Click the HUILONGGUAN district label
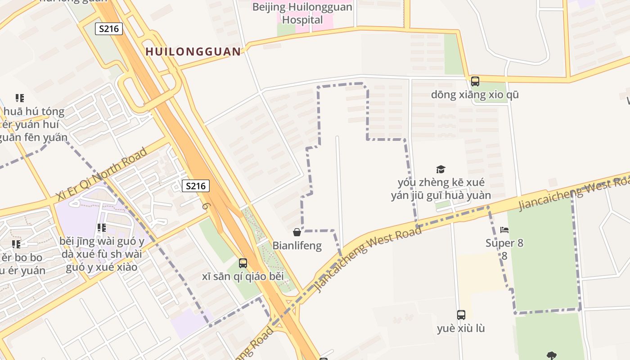coord(193,52)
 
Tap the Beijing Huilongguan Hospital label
coord(302,13)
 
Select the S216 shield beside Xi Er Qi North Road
coord(196,186)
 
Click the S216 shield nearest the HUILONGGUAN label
coord(109,29)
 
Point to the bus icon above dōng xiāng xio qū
coord(475,81)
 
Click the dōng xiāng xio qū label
coord(475,95)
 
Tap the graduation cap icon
coord(441,169)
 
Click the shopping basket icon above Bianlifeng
coord(297,232)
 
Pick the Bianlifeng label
coord(297,246)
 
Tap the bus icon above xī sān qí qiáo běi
coord(243,263)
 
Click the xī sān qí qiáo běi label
coord(243,276)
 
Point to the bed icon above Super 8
coord(504,230)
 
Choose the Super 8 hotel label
coord(504,243)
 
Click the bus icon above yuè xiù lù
coord(461,315)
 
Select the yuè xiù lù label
coord(461,328)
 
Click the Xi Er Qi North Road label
coord(102,174)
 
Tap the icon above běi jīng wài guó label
coord(101,228)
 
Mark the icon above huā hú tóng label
coord(19,98)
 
